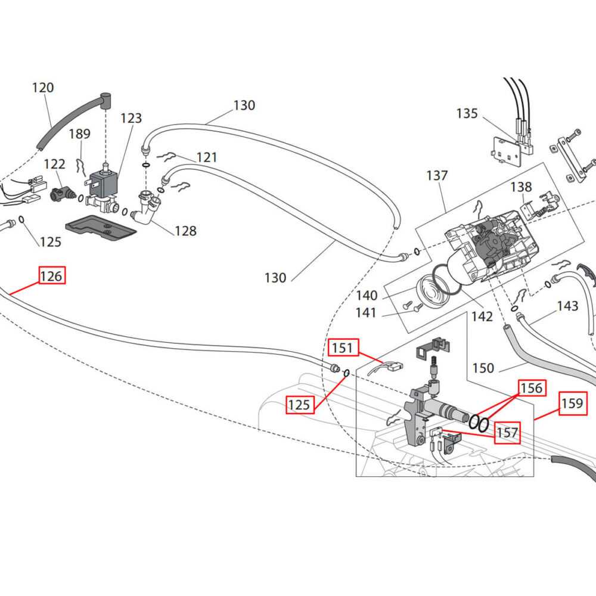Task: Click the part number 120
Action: pyautogui.click(x=42, y=88)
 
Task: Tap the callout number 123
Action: pyautogui.click(x=131, y=117)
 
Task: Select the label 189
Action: pyautogui.click(x=79, y=134)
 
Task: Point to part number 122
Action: pyautogui.click(x=55, y=163)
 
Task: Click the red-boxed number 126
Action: pyautogui.click(x=51, y=276)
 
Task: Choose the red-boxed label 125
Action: pyautogui.click(x=299, y=405)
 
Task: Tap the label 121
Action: pyautogui.click(x=207, y=157)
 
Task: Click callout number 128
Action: pyautogui.click(x=185, y=231)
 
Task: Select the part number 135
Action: pyautogui.click(x=467, y=113)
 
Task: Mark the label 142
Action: pyautogui.click(x=482, y=316)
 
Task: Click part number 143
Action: pyautogui.click(x=567, y=306)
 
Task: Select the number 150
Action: pyautogui.click(x=483, y=368)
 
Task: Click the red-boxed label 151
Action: pyautogui.click(x=342, y=347)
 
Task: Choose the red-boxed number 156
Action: pyautogui.click(x=531, y=388)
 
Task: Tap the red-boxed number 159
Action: pyautogui.click(x=572, y=403)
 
